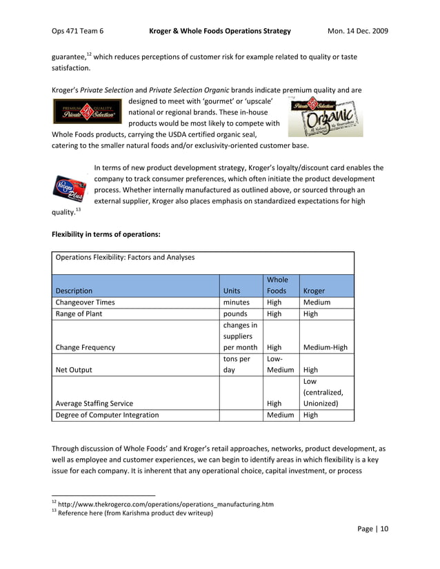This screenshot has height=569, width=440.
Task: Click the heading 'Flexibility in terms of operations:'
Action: [106, 234]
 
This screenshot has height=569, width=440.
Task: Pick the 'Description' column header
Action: [74, 291]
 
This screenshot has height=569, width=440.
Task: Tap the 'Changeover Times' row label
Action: [86, 302]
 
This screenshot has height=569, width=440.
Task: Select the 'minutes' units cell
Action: [237, 302]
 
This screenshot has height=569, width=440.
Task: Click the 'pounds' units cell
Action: [235, 314]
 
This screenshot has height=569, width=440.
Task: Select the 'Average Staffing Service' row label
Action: [94, 404]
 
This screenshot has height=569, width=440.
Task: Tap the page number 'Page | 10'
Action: [373, 529]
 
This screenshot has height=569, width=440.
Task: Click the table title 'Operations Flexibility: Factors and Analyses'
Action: [124, 257]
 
